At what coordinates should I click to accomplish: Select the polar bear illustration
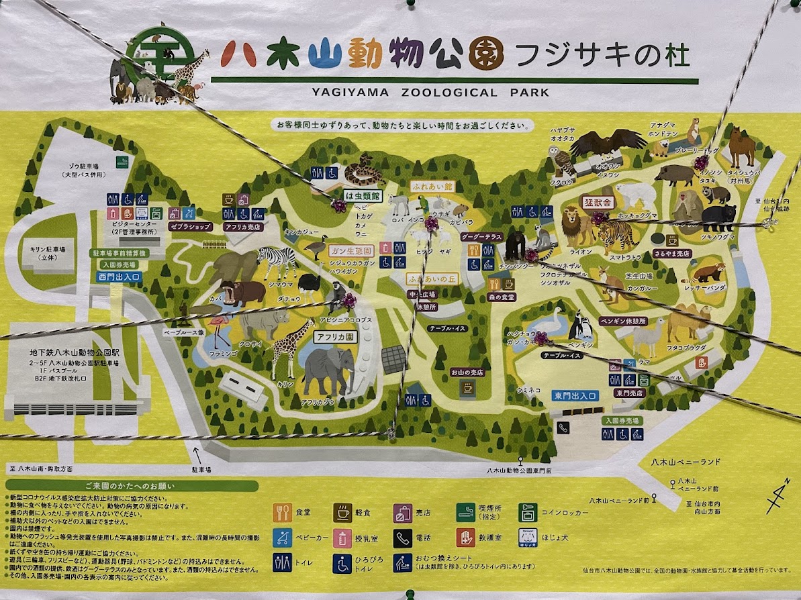635,195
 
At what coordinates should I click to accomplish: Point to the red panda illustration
708,272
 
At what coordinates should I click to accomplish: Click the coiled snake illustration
363,170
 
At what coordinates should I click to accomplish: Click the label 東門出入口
576,395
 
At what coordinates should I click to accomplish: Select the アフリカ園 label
336,337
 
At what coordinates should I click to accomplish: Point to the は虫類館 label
362,196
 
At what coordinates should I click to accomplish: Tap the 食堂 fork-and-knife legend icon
282,513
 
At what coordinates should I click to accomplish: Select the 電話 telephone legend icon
402,537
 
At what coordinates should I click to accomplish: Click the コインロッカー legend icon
527,513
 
